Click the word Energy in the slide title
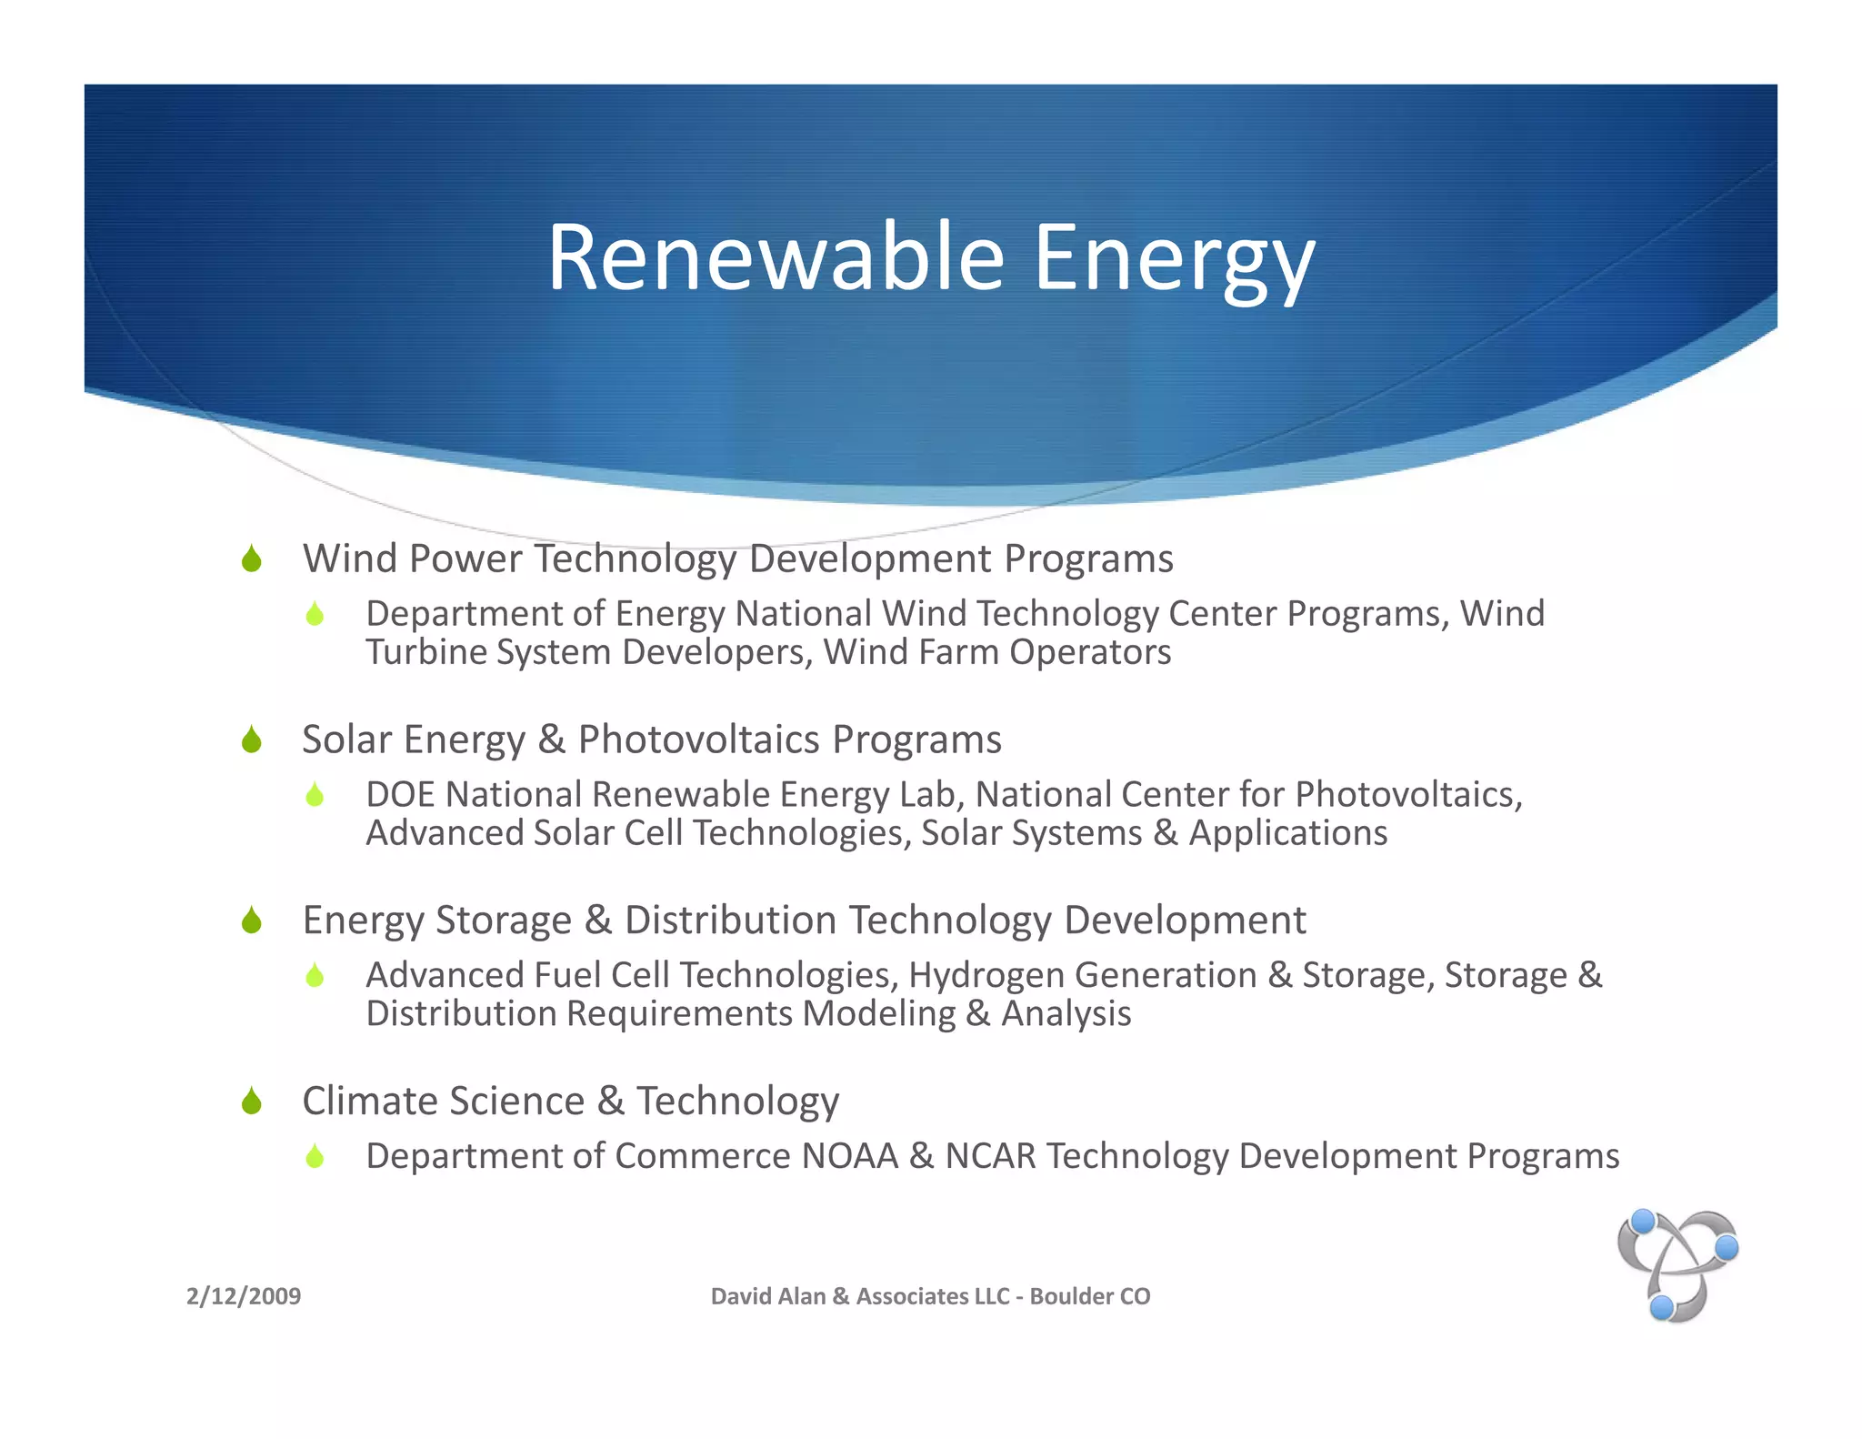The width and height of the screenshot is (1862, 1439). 1174,258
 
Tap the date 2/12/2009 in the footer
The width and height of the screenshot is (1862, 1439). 244,1295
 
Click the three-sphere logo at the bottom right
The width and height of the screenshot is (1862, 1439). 1677,1265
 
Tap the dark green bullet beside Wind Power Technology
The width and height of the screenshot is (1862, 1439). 252,558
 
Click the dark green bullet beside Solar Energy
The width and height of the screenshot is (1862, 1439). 252,740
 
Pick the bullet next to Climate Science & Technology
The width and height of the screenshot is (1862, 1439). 252,1101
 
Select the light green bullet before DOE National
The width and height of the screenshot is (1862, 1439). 315,795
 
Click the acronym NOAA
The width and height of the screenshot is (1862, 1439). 849,1156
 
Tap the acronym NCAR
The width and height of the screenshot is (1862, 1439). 990,1156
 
